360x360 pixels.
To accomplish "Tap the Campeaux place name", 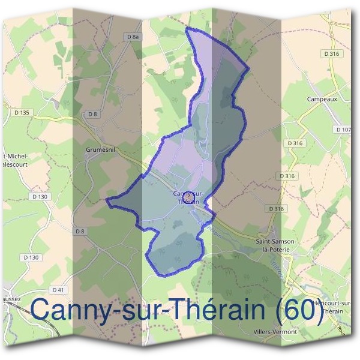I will pos(320,99).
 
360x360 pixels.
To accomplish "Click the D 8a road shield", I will pos(133,37).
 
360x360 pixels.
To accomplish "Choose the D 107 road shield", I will pos(344,130).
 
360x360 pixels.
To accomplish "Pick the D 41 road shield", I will pos(58,289).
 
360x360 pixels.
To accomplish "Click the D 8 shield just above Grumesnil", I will pos(92,114).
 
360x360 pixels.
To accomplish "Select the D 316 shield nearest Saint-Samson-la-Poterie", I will pos(277,209).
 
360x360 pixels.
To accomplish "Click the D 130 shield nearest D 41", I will pos(33,257).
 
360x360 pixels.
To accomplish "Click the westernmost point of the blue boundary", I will pos(107,200).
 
